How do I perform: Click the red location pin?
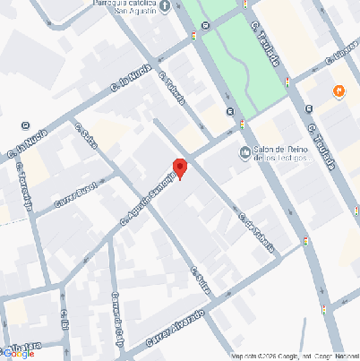coord(179,167)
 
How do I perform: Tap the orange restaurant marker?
coord(339,90)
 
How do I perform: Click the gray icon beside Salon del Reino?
coord(246,153)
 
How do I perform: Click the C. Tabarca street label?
coord(173,88)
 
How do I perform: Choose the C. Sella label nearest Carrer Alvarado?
coord(200,284)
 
